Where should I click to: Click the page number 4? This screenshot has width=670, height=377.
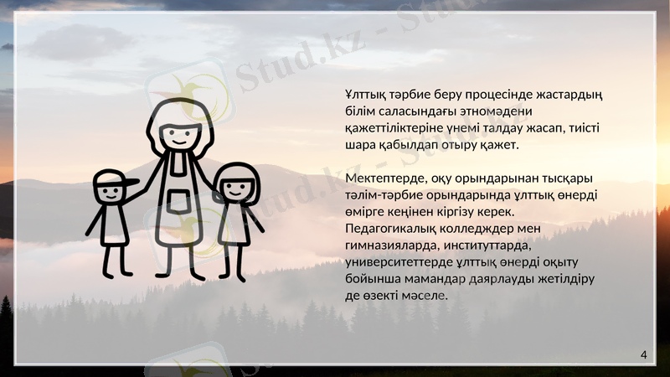[x=643, y=355]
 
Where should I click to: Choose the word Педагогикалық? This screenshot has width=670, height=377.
[x=394, y=229]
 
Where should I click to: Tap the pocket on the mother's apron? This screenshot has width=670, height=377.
[x=178, y=201]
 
